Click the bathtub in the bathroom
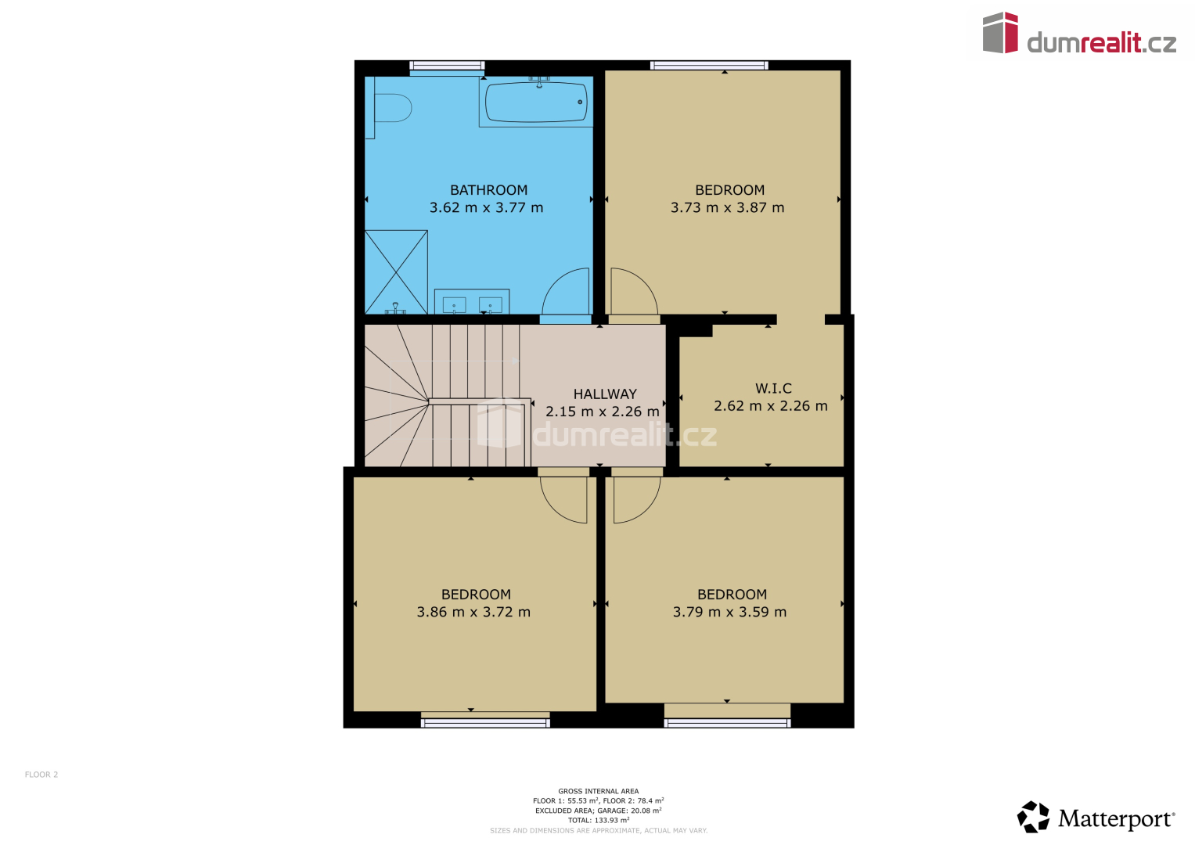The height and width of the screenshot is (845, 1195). click(x=535, y=102)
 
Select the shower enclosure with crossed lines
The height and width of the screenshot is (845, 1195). click(x=396, y=272)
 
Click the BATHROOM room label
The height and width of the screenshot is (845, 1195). click(x=488, y=190)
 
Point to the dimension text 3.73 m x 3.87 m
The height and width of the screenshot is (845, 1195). click(x=727, y=207)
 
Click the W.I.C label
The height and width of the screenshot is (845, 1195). click(x=773, y=388)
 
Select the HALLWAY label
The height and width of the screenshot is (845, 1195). click(x=605, y=394)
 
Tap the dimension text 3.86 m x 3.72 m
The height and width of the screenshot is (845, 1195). click(x=473, y=612)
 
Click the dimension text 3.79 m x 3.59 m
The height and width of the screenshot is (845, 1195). click(x=729, y=612)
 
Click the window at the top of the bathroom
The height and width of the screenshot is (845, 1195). click(x=447, y=66)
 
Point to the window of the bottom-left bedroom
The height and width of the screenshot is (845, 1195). click(x=485, y=723)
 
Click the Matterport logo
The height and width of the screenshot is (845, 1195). click(x=1096, y=817)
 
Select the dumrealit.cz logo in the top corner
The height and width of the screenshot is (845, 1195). click(x=1079, y=33)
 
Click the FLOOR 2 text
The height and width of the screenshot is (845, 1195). click(x=41, y=775)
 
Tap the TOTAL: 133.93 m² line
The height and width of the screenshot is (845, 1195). click(x=599, y=820)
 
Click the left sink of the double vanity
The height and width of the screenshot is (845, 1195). click(x=454, y=305)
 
